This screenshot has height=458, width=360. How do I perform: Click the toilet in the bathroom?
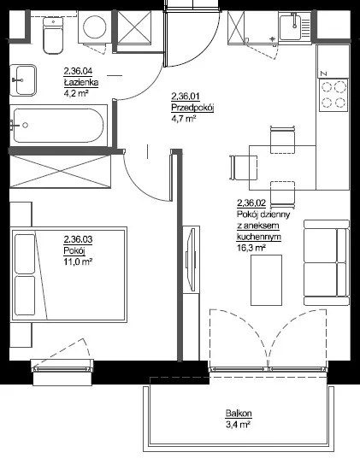(53, 35)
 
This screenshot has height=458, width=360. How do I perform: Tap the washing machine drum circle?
(94, 26)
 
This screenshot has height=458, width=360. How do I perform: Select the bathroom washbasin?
(23, 80)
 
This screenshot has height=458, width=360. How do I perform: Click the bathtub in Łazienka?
(58, 126)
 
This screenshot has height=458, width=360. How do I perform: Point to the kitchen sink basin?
(294, 26)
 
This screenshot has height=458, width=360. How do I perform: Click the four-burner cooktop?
(334, 95)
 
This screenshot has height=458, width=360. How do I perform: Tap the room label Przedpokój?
(192, 108)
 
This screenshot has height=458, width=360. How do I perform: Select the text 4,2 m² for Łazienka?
(76, 93)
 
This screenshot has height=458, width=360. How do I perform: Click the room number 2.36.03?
(78, 239)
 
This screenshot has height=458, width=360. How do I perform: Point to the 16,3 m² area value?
(251, 248)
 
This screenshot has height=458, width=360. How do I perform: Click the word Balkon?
(239, 414)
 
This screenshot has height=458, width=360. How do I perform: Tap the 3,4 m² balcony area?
(239, 425)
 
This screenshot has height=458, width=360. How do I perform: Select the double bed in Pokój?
(68, 274)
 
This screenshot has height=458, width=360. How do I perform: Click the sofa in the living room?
(327, 262)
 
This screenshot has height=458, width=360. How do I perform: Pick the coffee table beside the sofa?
(267, 280)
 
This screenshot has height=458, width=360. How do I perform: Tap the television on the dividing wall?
(191, 259)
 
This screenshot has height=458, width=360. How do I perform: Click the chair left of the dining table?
(244, 167)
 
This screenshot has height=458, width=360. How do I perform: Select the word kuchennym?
(259, 237)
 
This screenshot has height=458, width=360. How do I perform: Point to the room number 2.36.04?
(78, 71)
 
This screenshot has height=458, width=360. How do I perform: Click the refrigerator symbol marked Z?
(333, 62)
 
